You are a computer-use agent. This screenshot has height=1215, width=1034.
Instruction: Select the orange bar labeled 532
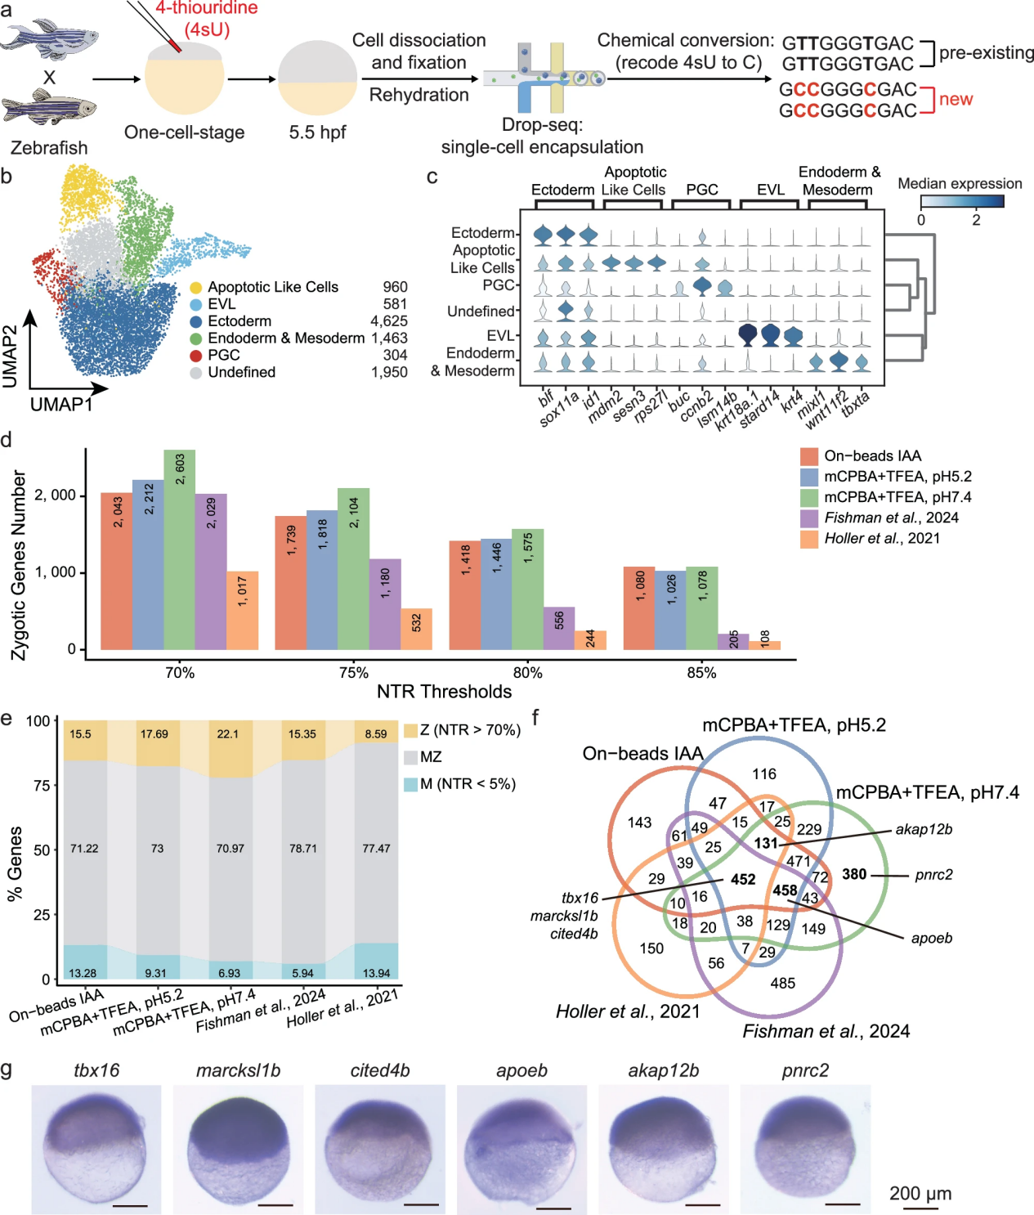(x=416, y=629)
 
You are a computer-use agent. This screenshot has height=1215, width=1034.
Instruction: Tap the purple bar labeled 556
(x=559, y=628)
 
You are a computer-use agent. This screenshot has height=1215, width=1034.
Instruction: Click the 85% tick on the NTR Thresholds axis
(x=701, y=673)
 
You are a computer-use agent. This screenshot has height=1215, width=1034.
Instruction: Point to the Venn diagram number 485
(x=782, y=983)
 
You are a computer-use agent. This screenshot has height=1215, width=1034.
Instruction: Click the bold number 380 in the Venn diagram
(x=854, y=874)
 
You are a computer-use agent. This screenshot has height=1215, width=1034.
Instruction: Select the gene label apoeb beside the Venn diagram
(x=932, y=938)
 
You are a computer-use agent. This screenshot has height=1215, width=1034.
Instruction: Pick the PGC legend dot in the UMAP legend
(x=196, y=356)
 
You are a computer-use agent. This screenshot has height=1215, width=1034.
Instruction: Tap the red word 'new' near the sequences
(x=956, y=99)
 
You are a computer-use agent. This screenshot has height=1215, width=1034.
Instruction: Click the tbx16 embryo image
(x=96, y=1149)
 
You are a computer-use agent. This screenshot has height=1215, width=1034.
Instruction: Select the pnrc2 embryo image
(x=805, y=1149)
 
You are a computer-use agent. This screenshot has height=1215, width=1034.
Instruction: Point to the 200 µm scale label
(x=920, y=1193)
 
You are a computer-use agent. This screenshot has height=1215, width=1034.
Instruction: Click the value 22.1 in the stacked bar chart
(x=228, y=734)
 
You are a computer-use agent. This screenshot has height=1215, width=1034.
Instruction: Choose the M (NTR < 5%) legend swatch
(x=411, y=784)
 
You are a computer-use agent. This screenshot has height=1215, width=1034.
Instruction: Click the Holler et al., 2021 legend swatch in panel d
(x=809, y=539)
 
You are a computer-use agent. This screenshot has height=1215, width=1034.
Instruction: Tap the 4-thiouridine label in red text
(x=207, y=8)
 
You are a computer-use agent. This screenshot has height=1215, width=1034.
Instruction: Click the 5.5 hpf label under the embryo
(x=317, y=132)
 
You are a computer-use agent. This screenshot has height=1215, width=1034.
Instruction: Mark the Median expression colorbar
(x=961, y=201)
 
